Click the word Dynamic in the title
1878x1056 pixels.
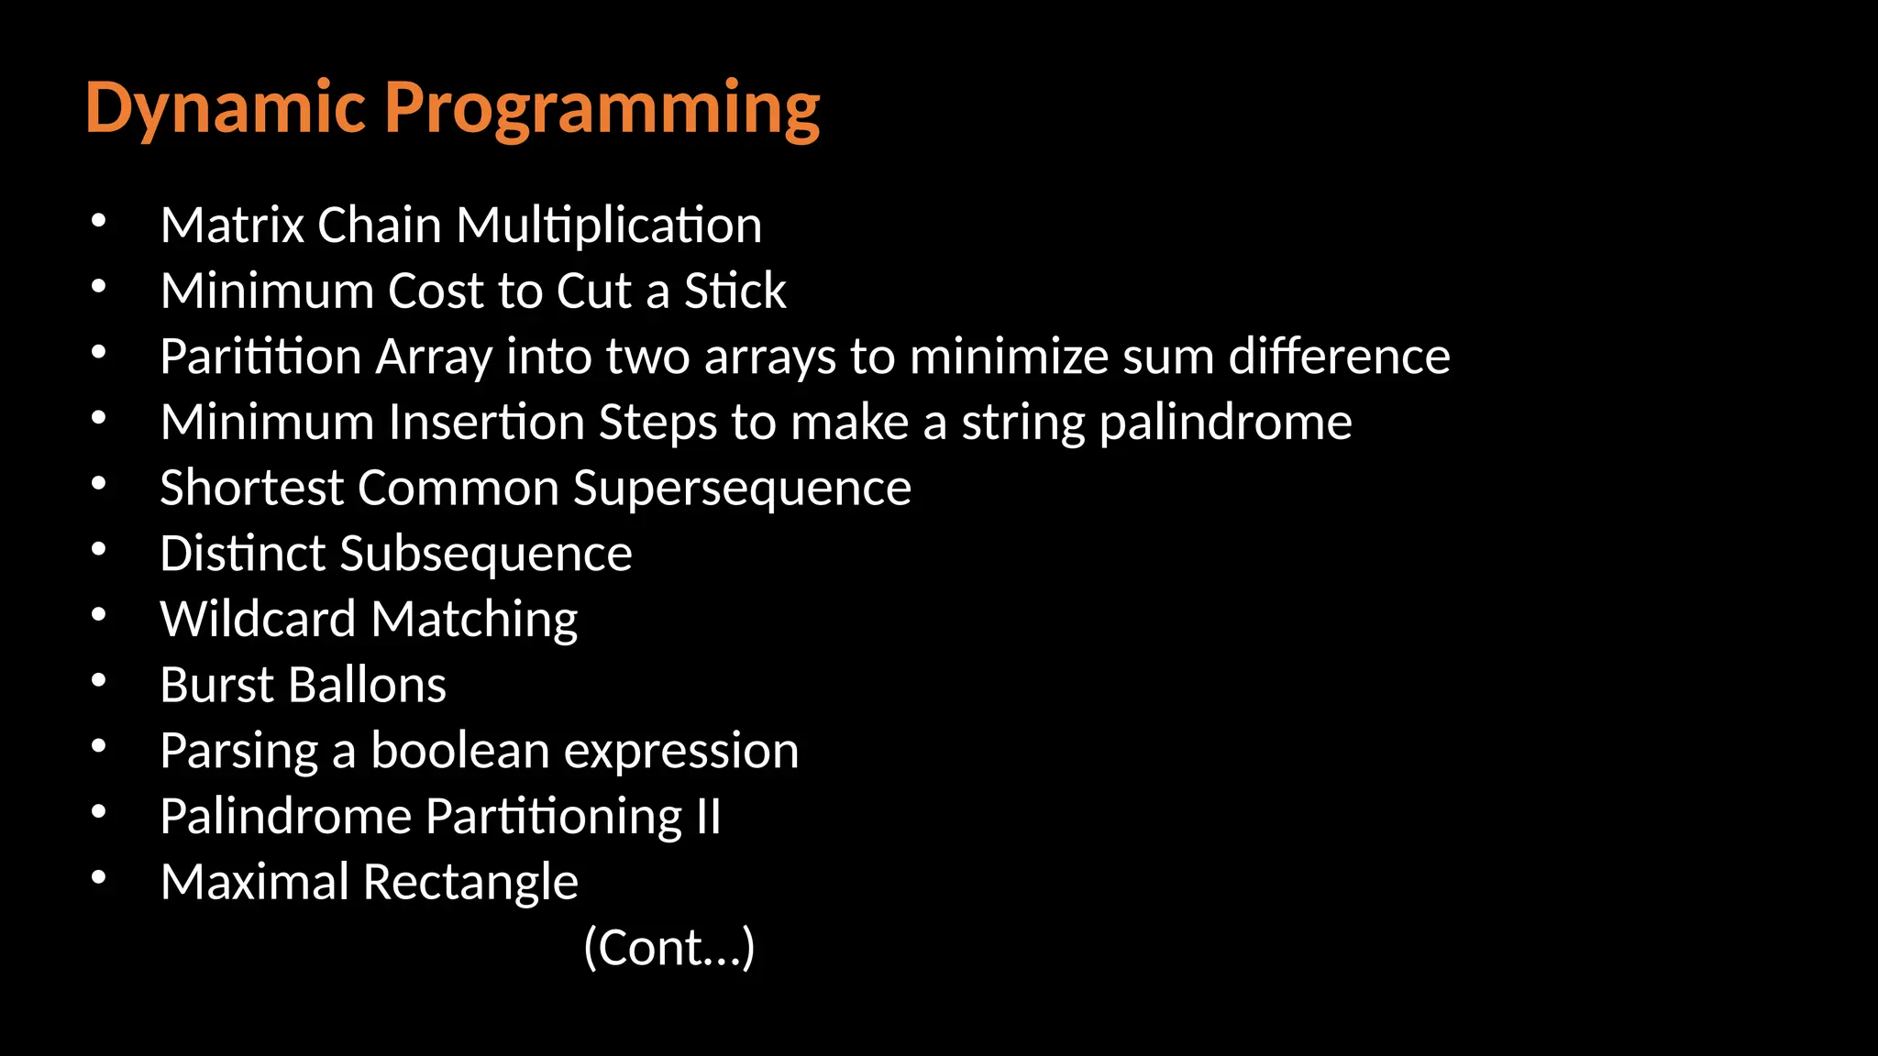(x=226, y=108)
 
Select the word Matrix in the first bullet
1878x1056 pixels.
(x=232, y=225)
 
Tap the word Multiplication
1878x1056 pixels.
(x=608, y=225)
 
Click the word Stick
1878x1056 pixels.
(x=735, y=291)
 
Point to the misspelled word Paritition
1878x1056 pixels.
(x=260, y=357)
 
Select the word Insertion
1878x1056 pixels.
(x=486, y=423)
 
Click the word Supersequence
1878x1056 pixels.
(x=742, y=489)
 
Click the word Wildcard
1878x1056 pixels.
(x=258, y=620)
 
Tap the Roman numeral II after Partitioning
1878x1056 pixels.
(x=708, y=817)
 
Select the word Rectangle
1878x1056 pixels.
(x=470, y=883)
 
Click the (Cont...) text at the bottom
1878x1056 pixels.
(x=668, y=948)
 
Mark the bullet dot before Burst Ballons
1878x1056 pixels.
(x=99, y=681)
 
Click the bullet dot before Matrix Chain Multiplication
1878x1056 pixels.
(x=99, y=221)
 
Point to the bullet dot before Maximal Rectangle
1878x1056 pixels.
(x=99, y=878)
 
